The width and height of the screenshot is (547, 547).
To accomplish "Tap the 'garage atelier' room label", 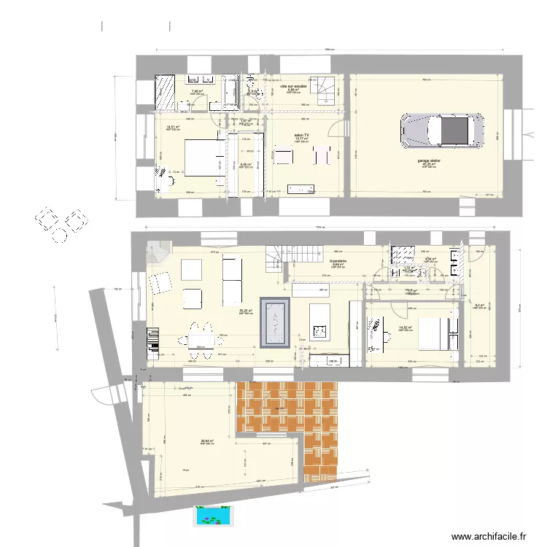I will pos(428,160).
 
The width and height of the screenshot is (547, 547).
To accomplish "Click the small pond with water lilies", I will pos(213,516).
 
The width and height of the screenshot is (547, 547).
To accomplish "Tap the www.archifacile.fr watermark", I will pos(489,536).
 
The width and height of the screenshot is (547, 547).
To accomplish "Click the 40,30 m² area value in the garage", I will pos(428,165).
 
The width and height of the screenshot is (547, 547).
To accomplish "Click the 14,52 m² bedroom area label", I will pos(406,328).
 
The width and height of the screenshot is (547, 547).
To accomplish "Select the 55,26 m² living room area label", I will pos(246,311).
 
